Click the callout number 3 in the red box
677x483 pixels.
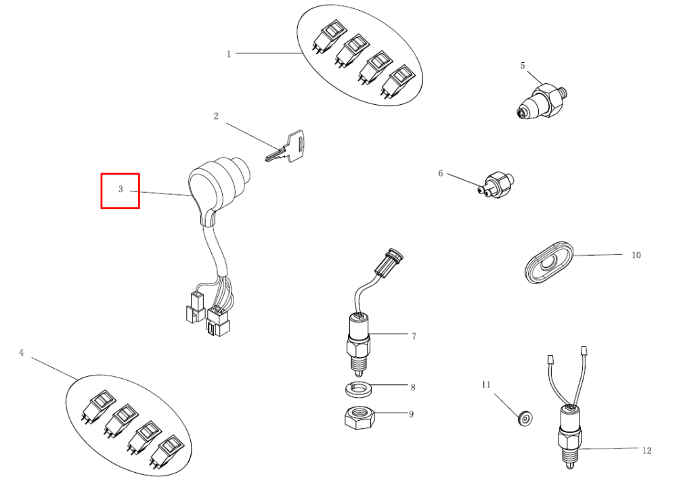coord(121,189)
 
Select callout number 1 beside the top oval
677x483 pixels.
coord(229,54)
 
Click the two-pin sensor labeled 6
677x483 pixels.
coord(496,185)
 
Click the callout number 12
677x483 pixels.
coord(647,451)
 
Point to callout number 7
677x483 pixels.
coord(414,336)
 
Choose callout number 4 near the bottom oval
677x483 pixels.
coord(21,352)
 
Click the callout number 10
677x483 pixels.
coord(636,255)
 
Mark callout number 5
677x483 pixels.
coord(523,66)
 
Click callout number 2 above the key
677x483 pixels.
coord(216,116)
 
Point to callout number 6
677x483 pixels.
coord(441,173)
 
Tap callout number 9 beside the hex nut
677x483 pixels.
coord(411,414)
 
